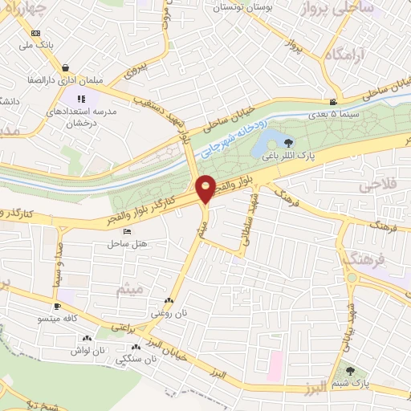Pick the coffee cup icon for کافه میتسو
point(58,307)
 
